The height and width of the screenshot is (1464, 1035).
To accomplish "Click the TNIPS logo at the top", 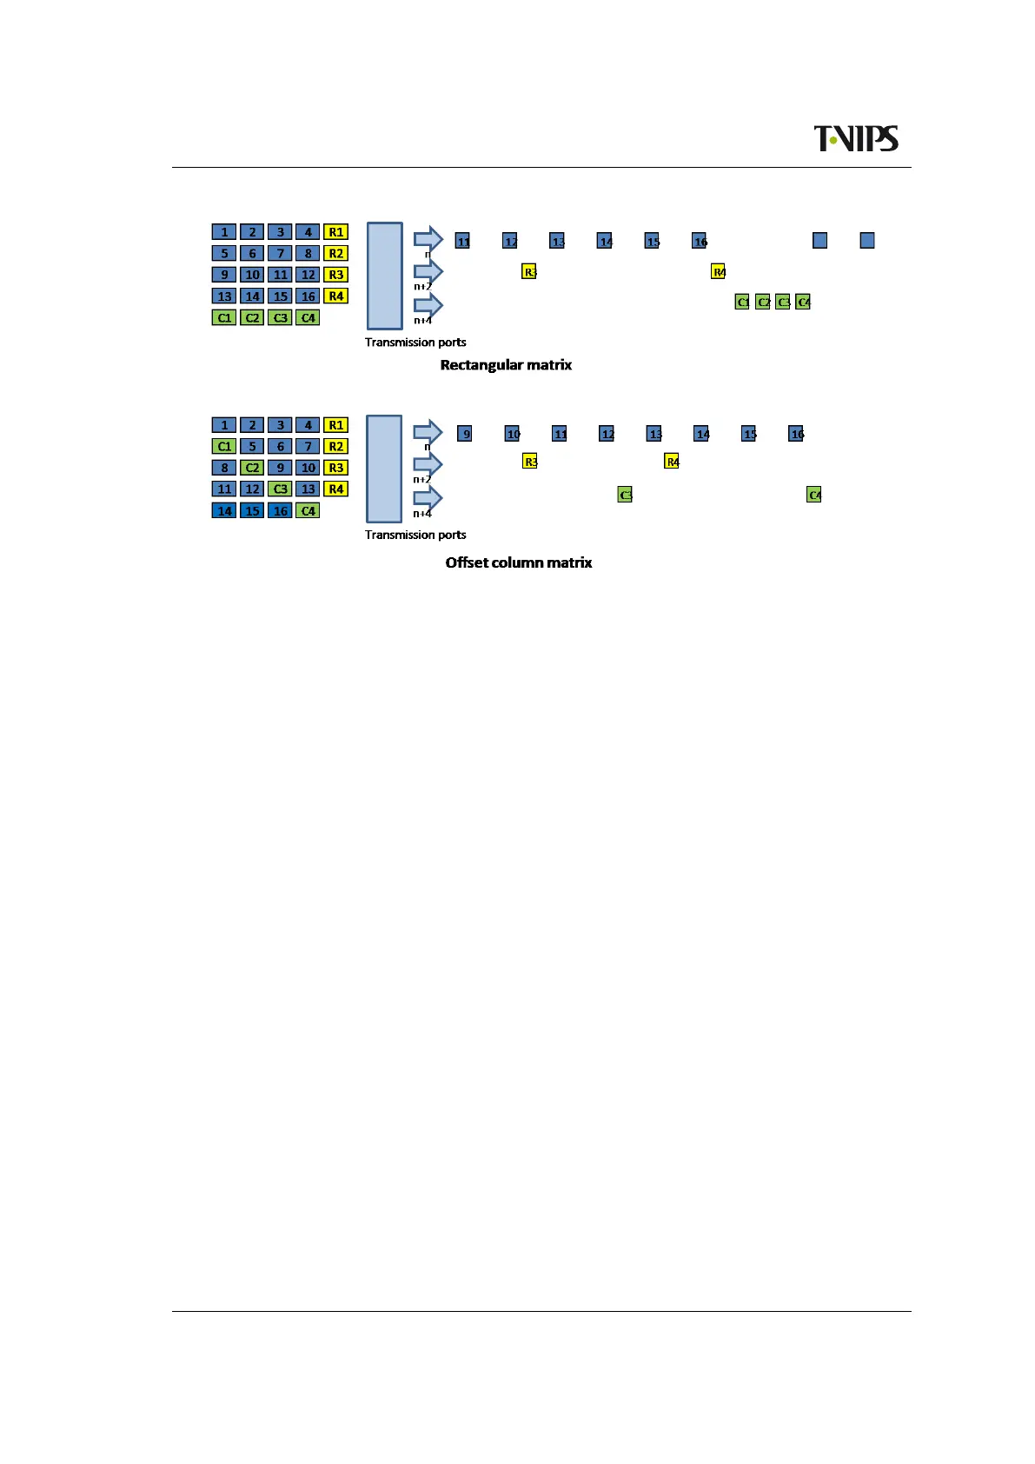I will (x=855, y=139).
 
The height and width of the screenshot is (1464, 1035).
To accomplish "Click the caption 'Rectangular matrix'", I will (x=506, y=365).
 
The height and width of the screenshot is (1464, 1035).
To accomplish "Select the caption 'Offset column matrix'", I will (x=518, y=562).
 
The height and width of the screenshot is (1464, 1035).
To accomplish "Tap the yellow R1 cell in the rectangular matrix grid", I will (x=335, y=232).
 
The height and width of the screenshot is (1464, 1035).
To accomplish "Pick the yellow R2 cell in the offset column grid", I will (x=335, y=447).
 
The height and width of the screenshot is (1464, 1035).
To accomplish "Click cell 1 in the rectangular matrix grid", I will (x=224, y=232).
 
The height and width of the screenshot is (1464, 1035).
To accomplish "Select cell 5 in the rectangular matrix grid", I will (x=224, y=254).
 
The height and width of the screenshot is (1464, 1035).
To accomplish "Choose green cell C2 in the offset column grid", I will (x=252, y=468).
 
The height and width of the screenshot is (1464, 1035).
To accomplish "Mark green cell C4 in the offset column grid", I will (x=308, y=511).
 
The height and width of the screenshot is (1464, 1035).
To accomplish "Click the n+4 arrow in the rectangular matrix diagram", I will (x=428, y=305).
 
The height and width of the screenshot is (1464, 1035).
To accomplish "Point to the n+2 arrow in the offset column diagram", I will (x=428, y=464).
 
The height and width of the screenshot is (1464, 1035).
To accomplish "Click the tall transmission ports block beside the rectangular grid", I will (x=384, y=276).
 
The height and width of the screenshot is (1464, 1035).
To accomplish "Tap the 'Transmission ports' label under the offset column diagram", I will (x=415, y=535).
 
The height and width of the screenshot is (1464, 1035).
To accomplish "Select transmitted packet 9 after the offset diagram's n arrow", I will (x=465, y=433).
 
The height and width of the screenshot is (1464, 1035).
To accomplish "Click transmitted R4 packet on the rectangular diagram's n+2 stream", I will (x=718, y=271).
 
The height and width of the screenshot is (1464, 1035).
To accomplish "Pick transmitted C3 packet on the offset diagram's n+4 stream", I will (x=625, y=495).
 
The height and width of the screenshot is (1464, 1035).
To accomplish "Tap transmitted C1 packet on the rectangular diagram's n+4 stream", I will (x=742, y=302).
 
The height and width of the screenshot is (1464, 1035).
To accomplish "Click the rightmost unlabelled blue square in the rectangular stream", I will (x=866, y=241).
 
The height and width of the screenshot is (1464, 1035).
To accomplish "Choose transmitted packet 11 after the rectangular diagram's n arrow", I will (x=463, y=241).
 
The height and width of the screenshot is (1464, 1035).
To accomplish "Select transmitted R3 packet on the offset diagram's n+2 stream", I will (x=530, y=461).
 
